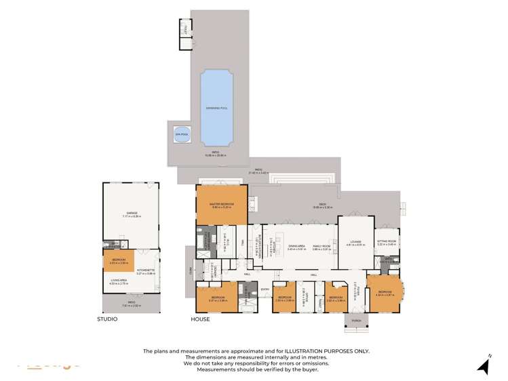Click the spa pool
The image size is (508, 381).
181,133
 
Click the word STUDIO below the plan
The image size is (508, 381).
107,319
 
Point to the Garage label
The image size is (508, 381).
131,215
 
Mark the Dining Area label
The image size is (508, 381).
294,247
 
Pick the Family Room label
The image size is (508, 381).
321,247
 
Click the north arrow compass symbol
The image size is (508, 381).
484,366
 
